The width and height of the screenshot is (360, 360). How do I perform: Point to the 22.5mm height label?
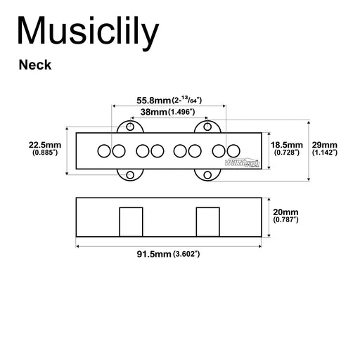coord(46,144)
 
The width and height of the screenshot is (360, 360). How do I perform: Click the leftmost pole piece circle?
coord(103,150)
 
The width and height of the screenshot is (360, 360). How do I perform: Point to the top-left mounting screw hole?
coord(130,127)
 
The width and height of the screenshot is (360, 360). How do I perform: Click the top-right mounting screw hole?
coord(207,127)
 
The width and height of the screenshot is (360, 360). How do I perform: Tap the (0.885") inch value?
coord(46,153)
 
